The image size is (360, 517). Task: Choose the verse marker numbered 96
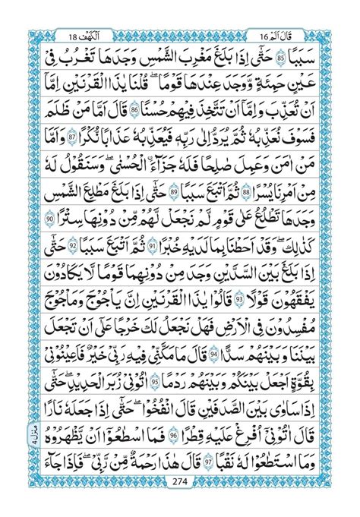coord(173,429)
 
